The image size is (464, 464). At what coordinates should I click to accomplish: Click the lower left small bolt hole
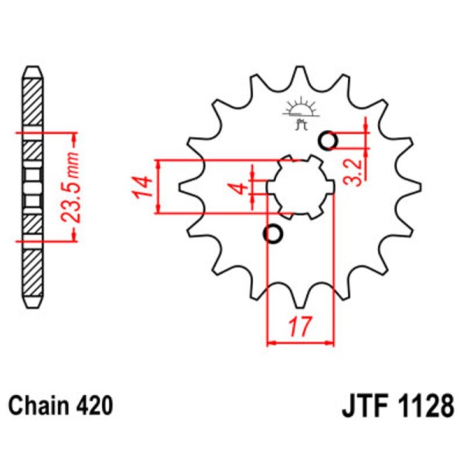coord(272,234)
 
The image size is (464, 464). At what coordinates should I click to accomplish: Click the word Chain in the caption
coord(36,404)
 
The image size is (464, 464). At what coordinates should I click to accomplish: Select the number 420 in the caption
coord(94,404)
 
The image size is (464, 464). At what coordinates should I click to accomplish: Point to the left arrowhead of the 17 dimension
coord(271,340)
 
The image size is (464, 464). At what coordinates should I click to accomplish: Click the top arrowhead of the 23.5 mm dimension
coord(73,137)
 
